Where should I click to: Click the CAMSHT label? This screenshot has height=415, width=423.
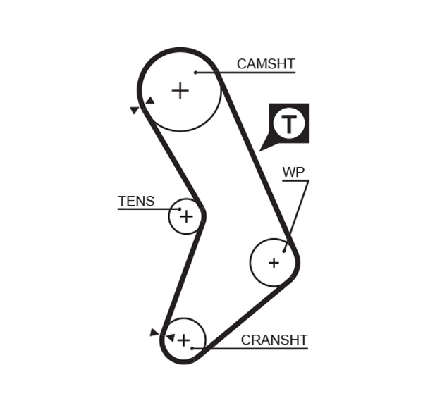[265, 64]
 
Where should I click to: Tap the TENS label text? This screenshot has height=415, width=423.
[136, 201]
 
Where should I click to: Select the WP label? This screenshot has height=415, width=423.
[293, 173]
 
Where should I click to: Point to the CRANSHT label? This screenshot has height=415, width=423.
[274, 340]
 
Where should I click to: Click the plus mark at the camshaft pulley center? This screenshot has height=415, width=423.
[180, 90]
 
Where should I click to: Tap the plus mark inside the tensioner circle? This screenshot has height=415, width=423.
[186, 216]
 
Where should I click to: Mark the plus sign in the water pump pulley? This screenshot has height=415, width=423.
[274, 263]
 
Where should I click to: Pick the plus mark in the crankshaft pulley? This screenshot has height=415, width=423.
[183, 340]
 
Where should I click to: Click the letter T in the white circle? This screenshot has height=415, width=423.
[289, 124]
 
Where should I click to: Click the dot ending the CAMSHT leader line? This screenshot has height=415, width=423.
[195, 72]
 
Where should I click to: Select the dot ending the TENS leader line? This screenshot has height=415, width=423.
[180, 209]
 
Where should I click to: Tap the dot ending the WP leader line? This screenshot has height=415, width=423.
[284, 250]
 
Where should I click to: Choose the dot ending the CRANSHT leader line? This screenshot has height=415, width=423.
[192, 348]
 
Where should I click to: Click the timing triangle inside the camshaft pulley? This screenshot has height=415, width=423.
[149, 101]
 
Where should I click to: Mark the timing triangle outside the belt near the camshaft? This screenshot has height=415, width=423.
[134, 110]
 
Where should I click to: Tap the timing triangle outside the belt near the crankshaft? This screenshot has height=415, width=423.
[154, 332]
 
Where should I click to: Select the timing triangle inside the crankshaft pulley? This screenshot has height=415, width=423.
[170, 337]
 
